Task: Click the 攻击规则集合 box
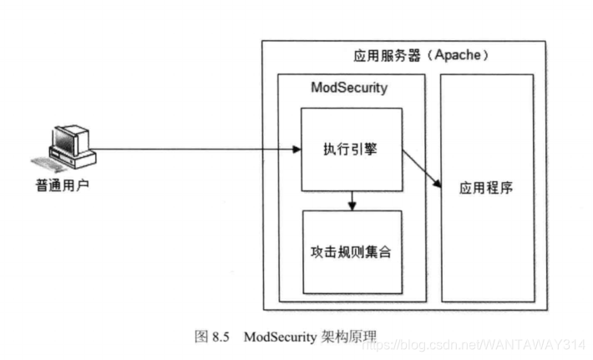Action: click(352, 251)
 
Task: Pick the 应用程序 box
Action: click(486, 187)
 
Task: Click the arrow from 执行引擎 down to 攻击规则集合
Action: click(352, 201)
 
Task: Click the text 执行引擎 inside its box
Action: click(352, 150)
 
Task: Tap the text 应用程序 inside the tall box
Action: click(486, 187)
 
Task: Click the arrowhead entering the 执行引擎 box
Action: click(296, 151)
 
